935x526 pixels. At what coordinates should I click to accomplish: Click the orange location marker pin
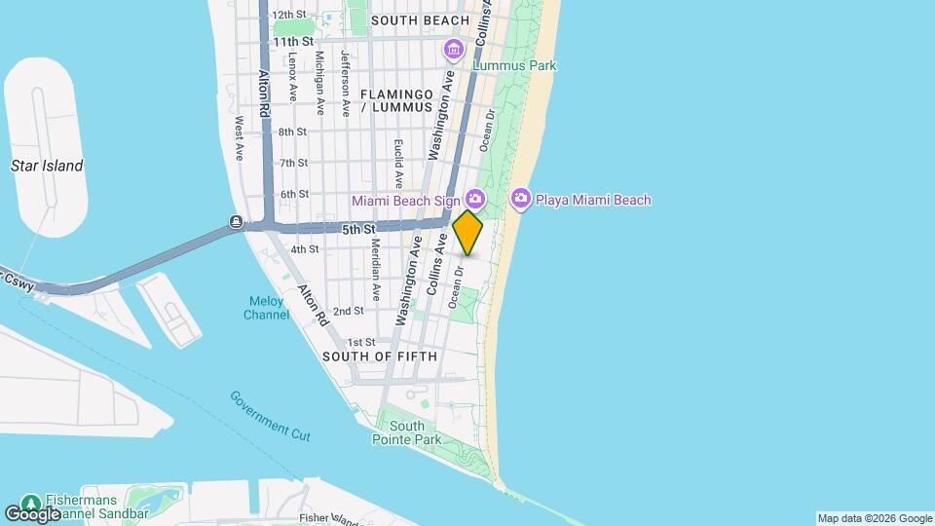468,233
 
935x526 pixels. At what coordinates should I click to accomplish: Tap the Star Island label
47,166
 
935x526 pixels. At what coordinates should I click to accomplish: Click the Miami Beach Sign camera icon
475,199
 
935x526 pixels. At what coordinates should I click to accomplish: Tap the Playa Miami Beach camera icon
521,199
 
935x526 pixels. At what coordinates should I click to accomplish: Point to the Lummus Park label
514,65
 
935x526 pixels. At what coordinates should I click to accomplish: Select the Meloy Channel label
266,307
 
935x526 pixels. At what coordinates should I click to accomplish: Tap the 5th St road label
358,229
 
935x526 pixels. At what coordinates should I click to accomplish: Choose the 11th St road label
292,42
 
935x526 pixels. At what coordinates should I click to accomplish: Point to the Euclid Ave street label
398,162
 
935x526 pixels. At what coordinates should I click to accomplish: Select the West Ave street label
239,139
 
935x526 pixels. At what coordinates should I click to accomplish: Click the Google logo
33,513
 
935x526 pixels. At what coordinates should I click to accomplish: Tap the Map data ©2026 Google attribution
875,518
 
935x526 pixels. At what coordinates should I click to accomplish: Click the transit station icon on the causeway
237,221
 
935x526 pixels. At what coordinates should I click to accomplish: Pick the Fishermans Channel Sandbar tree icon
30,503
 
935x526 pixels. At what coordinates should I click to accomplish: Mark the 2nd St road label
348,311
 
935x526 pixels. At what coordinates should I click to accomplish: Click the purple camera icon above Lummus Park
454,49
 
